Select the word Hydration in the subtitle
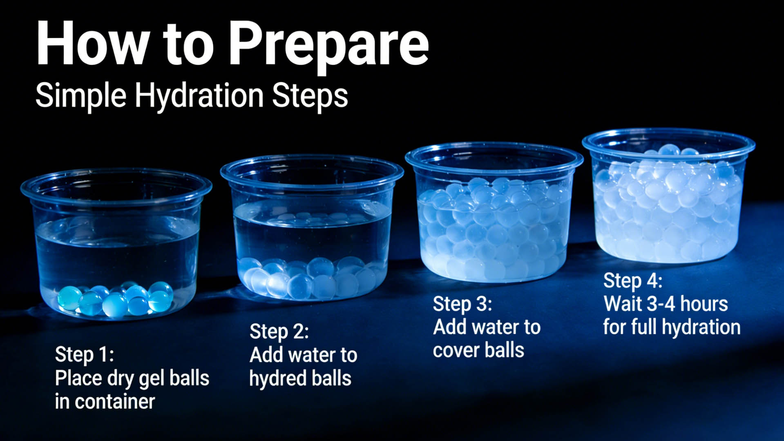click(x=199, y=96)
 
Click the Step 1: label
click(x=85, y=354)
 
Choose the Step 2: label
click(x=279, y=331)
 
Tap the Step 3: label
click(x=462, y=304)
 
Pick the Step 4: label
click(x=633, y=281)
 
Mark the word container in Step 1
click(x=115, y=402)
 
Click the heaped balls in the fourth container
click(x=668, y=202)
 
